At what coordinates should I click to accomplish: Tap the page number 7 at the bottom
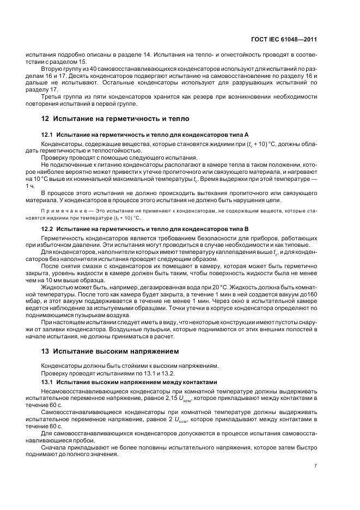click(x=315, y=465)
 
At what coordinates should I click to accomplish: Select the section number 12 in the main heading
click(x=46, y=118)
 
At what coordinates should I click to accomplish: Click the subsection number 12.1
click(x=48, y=134)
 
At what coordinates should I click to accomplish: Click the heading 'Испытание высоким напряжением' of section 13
click(x=113, y=350)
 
